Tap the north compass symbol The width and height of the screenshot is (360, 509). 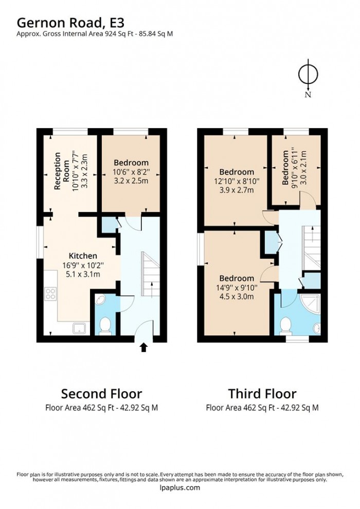click(x=308, y=75)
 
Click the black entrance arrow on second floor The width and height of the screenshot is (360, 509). click(x=143, y=348)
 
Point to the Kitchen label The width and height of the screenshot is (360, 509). click(x=83, y=256)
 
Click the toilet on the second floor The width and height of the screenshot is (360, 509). click(x=105, y=325)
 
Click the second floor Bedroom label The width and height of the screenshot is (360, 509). click(x=131, y=163)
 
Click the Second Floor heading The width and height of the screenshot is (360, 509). click(x=101, y=394)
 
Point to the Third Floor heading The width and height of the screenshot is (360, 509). click(x=262, y=394)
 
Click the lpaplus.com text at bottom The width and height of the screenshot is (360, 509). click(x=179, y=488)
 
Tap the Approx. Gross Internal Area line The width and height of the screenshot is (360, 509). click(x=95, y=34)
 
